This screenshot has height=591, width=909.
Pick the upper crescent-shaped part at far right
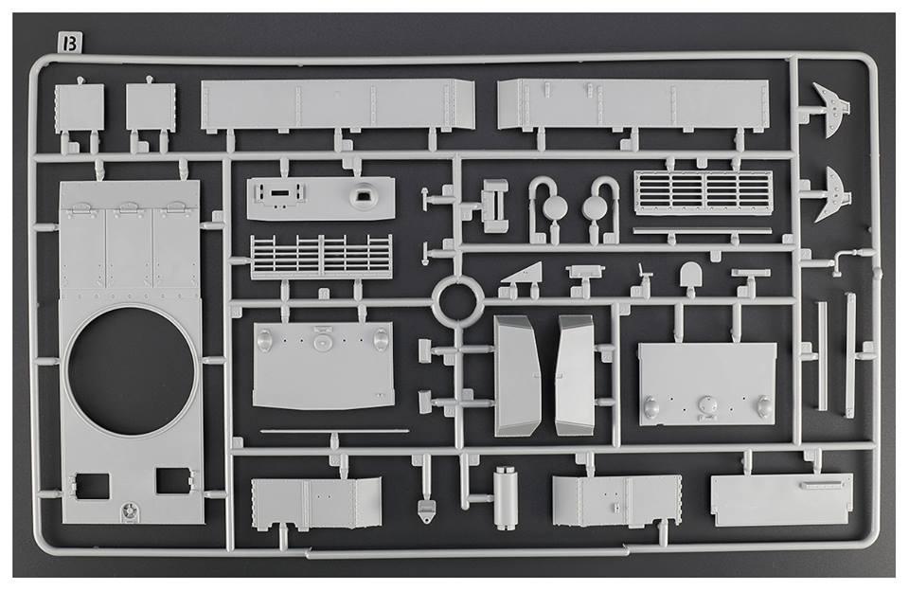pos(830,109)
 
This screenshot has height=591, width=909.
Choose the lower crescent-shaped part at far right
pos(830,195)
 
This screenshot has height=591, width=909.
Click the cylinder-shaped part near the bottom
pos(505,498)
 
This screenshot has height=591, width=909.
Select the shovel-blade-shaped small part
pos(690,275)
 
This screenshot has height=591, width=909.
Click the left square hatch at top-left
pos(80,108)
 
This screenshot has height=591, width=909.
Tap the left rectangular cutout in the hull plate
pos(92,486)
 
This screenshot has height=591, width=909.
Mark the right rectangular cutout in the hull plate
pos(172,481)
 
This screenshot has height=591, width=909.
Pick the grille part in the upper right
pos(704,192)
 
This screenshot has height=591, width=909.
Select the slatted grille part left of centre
pos(321,257)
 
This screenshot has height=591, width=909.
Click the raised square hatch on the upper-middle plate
pos(364,193)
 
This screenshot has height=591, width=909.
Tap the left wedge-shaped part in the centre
pos(517,376)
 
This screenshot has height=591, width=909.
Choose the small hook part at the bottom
pos(427,510)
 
